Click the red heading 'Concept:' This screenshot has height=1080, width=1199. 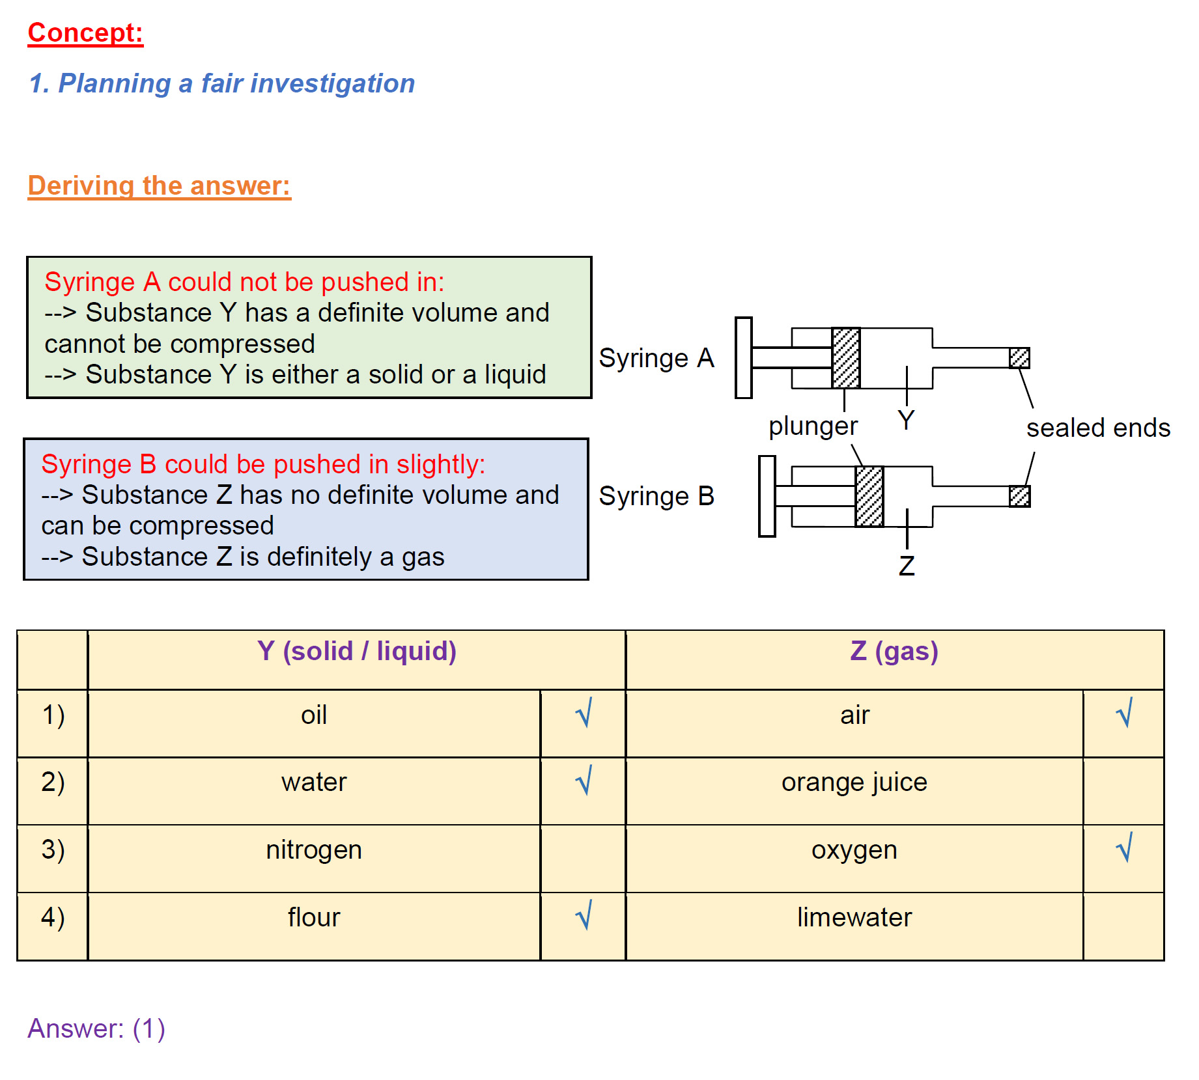pos(85,33)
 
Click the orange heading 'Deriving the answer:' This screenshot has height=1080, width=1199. pos(159,186)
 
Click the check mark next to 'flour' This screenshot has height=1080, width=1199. pos(584,915)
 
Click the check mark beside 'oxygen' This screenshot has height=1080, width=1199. pos(1124,848)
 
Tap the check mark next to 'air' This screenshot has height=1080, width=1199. pos(1124,713)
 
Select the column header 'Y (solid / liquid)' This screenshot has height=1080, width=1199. pos(356,651)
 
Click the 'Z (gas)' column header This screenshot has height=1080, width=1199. pos(894,651)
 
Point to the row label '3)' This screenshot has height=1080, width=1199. pos(53,850)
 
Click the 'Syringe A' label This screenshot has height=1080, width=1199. pos(656,358)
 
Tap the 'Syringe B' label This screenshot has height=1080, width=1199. pos(656,496)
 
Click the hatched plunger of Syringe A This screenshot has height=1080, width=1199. pos(846,358)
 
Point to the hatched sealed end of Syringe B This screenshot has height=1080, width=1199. pos(1019,496)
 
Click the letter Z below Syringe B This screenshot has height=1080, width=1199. pos(906,566)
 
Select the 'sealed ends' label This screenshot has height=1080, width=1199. pos(1098,428)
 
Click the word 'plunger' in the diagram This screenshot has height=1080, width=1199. pos(813,426)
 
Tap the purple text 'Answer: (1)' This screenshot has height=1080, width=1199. pos(96,1029)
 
